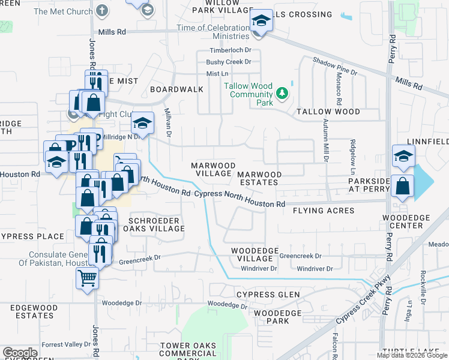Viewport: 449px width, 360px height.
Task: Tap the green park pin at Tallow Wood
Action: (282, 94)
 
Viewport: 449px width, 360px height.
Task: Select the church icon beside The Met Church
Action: (103, 11)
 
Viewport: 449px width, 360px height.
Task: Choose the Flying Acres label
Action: (324, 211)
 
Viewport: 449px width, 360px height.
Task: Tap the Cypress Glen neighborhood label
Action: (268, 295)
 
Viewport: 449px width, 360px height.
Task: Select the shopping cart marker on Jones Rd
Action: (87, 278)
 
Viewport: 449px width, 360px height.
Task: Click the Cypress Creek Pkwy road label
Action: (363, 300)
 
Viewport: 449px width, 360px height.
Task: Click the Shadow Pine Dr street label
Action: (335, 65)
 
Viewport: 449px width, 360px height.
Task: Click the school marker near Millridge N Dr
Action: (141, 124)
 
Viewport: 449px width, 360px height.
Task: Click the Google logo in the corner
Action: (20, 353)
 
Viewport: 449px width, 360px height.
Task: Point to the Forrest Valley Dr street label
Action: (66, 344)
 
